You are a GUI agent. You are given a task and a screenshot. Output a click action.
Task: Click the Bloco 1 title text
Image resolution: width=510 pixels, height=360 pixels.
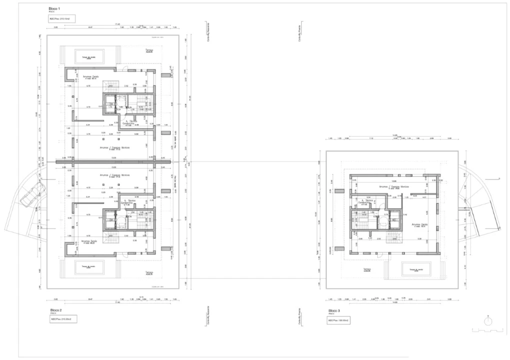tap(55, 9)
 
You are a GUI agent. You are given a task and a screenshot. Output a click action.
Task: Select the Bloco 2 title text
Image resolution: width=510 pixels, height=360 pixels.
tap(55, 310)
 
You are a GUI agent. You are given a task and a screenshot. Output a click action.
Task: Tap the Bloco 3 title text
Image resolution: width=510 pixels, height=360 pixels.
tap(333, 310)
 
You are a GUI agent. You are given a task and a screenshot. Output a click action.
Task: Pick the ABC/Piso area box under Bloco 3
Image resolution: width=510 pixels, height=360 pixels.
tap(338, 320)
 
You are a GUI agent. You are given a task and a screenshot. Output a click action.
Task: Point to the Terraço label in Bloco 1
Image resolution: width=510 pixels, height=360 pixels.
tap(149, 50)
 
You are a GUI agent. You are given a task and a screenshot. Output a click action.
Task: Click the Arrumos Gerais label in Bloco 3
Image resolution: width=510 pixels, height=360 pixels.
tap(419, 225)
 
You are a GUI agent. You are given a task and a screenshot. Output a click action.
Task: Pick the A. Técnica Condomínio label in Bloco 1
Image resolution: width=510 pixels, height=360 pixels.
tap(132, 122)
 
